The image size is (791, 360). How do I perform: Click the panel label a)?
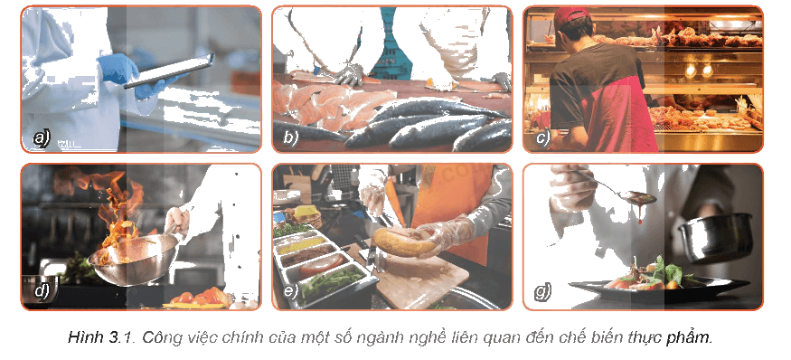click(41, 137)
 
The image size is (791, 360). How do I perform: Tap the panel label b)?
click(290, 137)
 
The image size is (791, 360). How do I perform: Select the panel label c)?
click(542, 137)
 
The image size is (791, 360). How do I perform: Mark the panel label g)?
click(542, 291)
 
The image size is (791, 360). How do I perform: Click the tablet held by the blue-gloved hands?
click(169, 71)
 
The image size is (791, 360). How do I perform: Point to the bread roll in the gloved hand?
click(403, 242)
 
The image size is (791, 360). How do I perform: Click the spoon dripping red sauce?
click(620, 190)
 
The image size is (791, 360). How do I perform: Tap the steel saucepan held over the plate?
click(715, 236)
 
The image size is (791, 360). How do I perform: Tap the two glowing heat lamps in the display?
click(699, 71)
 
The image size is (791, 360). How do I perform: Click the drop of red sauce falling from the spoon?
click(640, 220)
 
